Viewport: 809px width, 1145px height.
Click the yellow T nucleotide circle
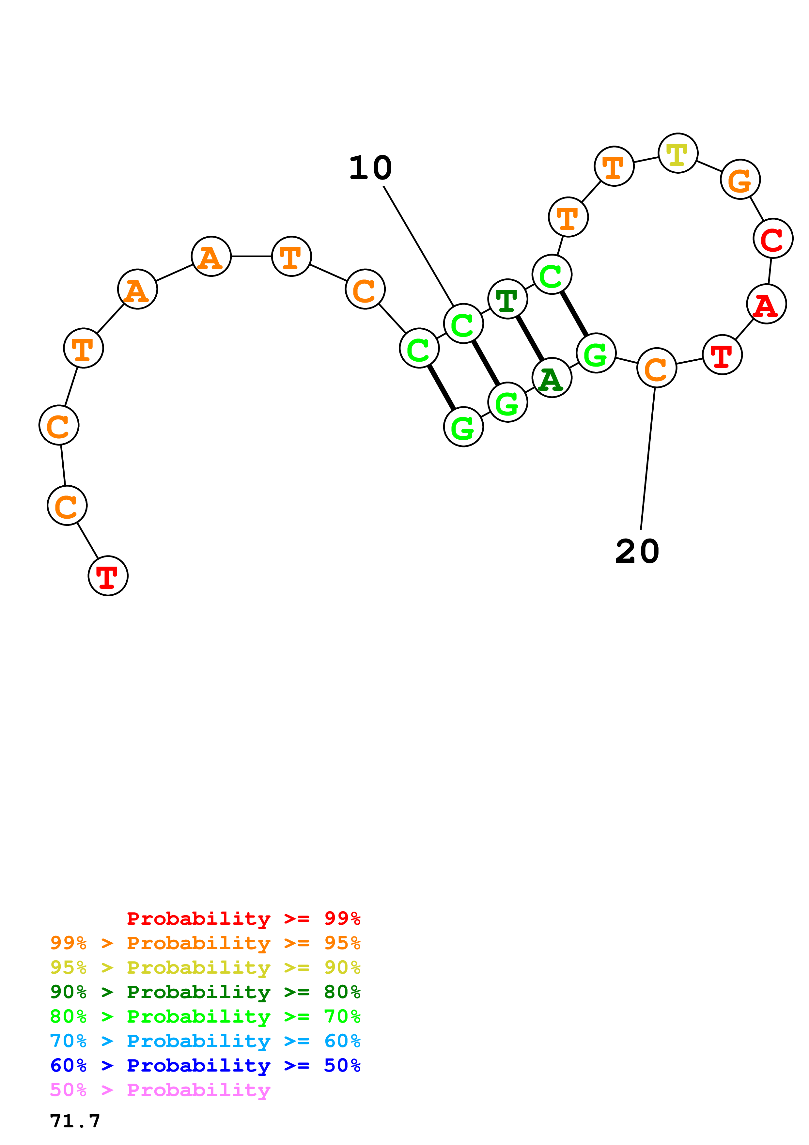click(x=677, y=153)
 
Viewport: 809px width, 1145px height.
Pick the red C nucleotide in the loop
click(x=772, y=238)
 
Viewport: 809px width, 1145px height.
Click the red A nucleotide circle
click(x=766, y=304)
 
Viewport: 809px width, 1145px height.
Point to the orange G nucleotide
click(x=740, y=179)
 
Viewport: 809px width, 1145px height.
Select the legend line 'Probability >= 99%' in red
click(x=244, y=918)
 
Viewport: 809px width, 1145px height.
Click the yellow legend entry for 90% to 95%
click(x=205, y=967)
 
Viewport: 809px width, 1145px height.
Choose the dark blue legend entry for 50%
click(x=205, y=1065)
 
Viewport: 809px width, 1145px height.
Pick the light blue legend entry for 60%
click(x=205, y=1041)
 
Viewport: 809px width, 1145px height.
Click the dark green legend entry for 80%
click(x=205, y=992)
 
